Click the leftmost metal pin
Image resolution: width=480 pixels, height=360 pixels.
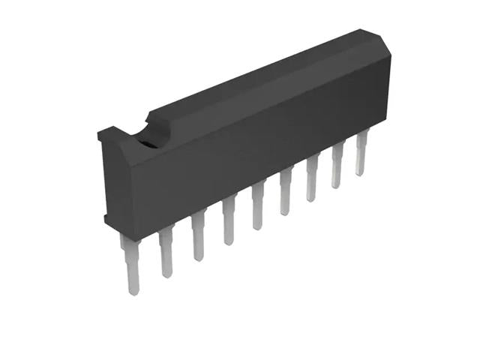130,262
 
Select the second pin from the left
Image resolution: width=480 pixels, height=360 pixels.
166,250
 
